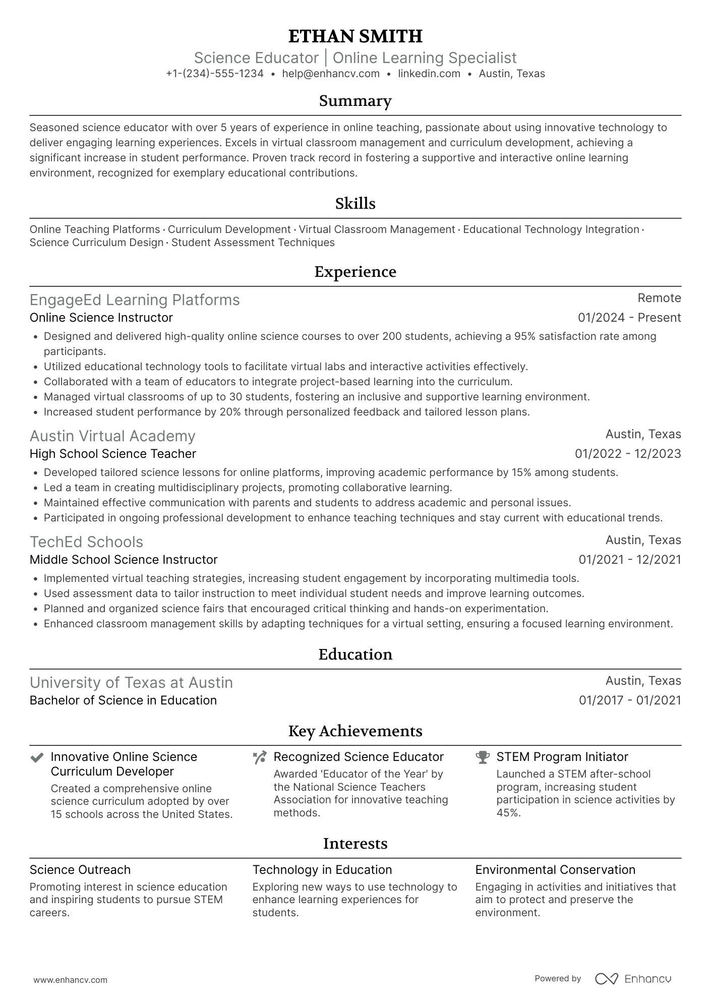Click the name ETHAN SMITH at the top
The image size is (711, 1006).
pyautogui.click(x=355, y=36)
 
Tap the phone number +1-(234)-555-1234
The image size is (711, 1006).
pyautogui.click(x=215, y=74)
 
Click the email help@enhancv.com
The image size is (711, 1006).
pyautogui.click(x=331, y=74)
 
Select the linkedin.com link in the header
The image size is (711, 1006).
pyautogui.click(x=429, y=74)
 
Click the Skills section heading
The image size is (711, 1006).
pyautogui.click(x=355, y=204)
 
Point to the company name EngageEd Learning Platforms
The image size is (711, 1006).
pyautogui.click(x=135, y=300)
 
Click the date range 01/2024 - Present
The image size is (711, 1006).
pyautogui.click(x=629, y=318)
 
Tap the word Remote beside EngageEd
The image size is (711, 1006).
pyautogui.click(x=659, y=298)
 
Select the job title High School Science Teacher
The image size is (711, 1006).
pyautogui.click(x=113, y=454)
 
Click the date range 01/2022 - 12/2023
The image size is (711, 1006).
pyautogui.click(x=628, y=454)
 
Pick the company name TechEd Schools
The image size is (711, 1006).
pyautogui.click(x=86, y=542)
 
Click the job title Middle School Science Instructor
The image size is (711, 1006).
pyautogui.click(x=124, y=560)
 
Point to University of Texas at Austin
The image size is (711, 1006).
pyautogui.click(x=131, y=683)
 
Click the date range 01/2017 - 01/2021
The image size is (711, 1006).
pyautogui.click(x=630, y=700)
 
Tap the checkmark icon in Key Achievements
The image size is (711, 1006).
pyautogui.click(x=37, y=757)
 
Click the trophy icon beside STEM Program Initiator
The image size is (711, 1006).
pyautogui.click(x=483, y=757)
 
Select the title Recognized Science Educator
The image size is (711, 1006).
pyautogui.click(x=359, y=757)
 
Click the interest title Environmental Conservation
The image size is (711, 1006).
pyautogui.click(x=555, y=870)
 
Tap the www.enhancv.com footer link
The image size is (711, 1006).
pyautogui.click(x=71, y=980)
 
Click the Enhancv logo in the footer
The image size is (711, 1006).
pyautogui.click(x=633, y=979)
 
